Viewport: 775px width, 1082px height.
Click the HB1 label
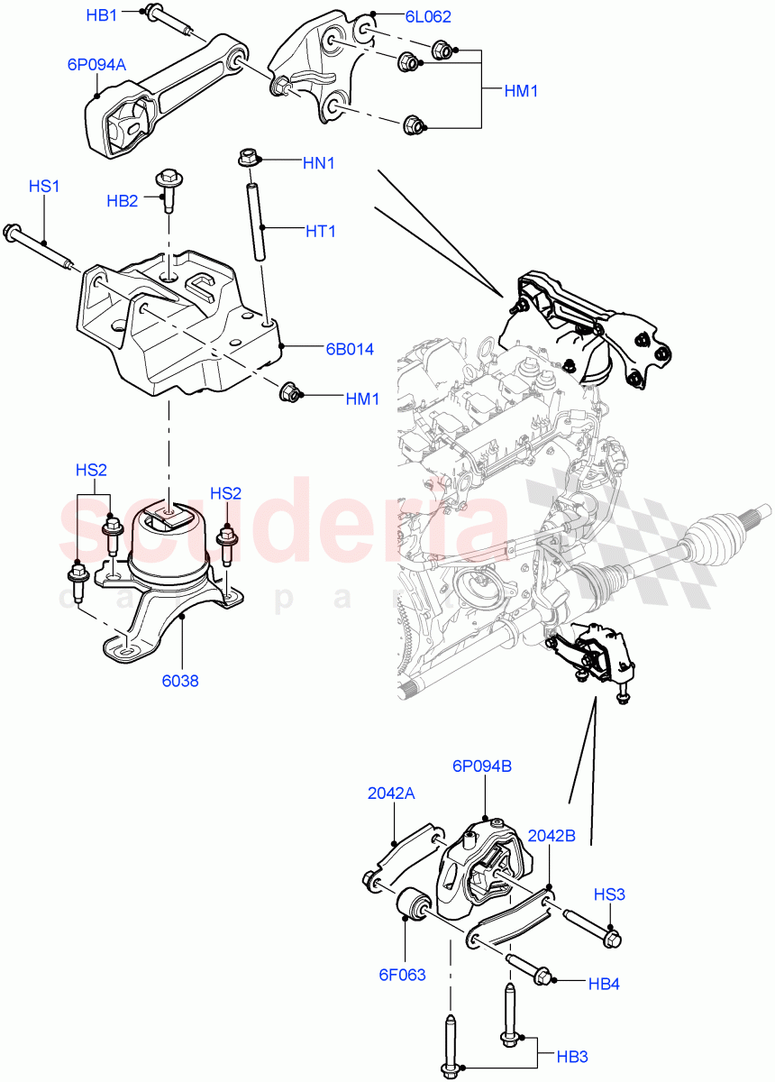pyautogui.click(x=101, y=15)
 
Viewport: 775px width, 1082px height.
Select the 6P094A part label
pyautogui.click(x=96, y=64)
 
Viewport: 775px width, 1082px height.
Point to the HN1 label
pyautogui.click(x=319, y=163)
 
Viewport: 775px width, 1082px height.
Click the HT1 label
pyautogui.click(x=320, y=231)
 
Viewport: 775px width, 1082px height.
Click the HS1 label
pyautogui.click(x=44, y=187)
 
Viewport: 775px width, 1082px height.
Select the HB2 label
pyautogui.click(x=122, y=201)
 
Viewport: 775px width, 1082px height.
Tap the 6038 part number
pyautogui.click(x=182, y=681)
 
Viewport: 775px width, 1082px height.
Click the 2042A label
pyautogui.click(x=391, y=793)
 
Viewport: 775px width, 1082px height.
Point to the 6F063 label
pyautogui.click(x=403, y=974)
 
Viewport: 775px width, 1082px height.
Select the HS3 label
pyautogui.click(x=609, y=894)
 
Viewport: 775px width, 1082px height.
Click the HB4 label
pyautogui.click(x=604, y=984)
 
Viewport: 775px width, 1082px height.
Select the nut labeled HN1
pyautogui.click(x=248, y=158)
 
